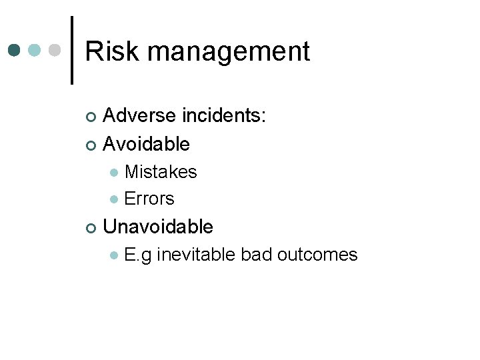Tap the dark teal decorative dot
coord(15,51)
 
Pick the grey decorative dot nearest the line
coord(56,51)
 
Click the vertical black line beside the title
coord(71,50)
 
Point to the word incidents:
coord(225,116)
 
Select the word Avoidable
coord(147,143)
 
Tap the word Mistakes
coord(161,172)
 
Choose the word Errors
coord(149,199)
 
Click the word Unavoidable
coord(159,227)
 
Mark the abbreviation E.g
coord(137,255)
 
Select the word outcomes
coord(317,255)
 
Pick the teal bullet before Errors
coord(114,199)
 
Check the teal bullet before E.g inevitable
coord(114,255)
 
